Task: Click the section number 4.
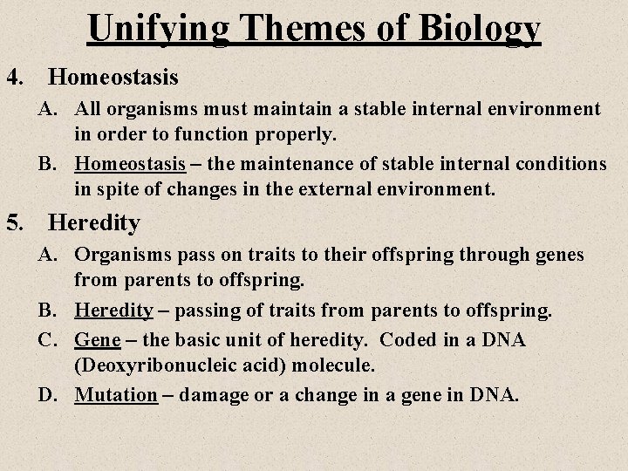tap(15, 77)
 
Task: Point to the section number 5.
tap(15, 223)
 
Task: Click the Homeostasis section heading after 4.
tap(113, 77)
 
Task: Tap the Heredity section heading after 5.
tap(94, 223)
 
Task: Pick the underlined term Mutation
tap(116, 394)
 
